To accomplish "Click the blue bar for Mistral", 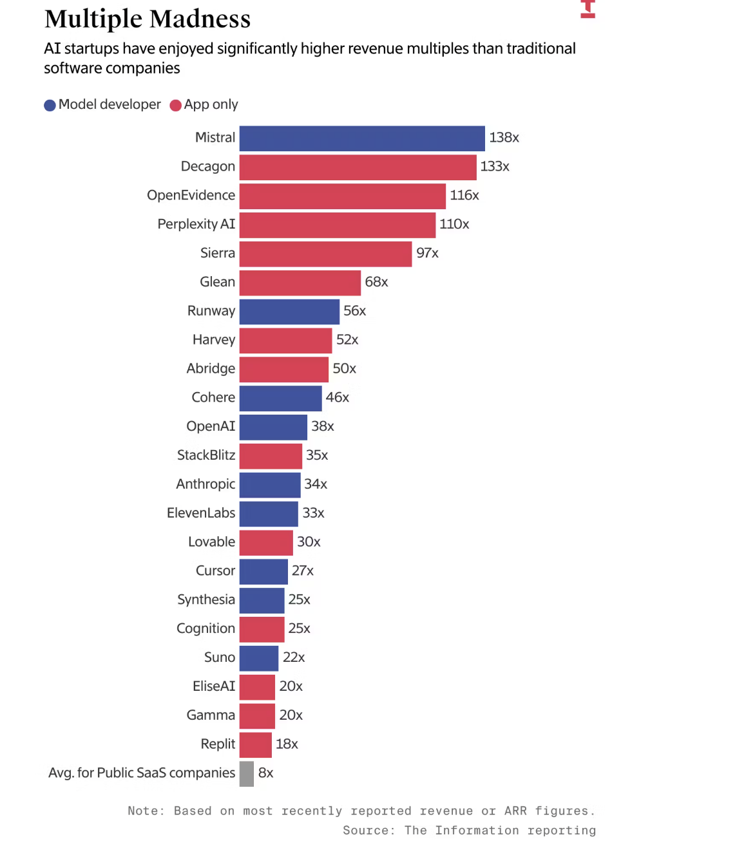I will click(x=361, y=138).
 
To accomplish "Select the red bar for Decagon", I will click(x=358, y=167).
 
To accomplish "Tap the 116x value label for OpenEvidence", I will click(x=464, y=196).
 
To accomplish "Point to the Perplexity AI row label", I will click(x=196, y=224).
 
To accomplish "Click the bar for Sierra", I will click(x=325, y=254).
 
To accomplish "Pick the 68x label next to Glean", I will click(x=376, y=282).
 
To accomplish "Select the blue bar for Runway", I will click(x=289, y=312).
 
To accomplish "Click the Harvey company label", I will click(x=213, y=340).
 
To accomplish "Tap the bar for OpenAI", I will click(x=273, y=427).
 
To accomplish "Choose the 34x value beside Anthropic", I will click(x=316, y=484).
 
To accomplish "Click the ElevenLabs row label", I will click(x=200, y=513).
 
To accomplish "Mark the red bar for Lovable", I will click(x=266, y=543).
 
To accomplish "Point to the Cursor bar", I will click(x=263, y=571).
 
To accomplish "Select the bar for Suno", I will click(x=259, y=658).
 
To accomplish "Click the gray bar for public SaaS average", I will click(x=247, y=774).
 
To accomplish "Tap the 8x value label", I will click(x=265, y=773).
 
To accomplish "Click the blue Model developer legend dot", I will click(x=50, y=106).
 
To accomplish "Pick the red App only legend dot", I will click(x=175, y=106).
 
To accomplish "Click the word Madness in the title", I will click(x=201, y=19).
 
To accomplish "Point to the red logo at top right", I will click(x=588, y=9).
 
